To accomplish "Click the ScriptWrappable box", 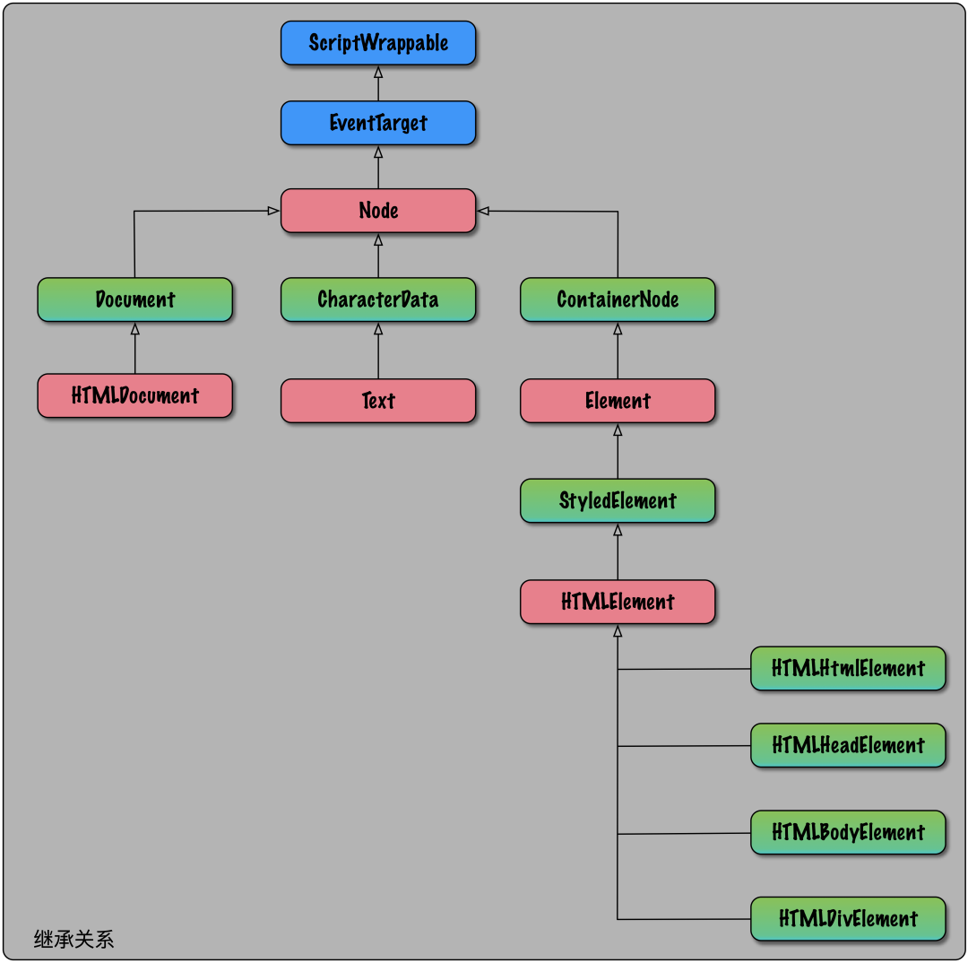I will pos(377,43).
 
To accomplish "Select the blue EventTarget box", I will pos(377,123).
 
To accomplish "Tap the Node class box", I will pos(377,211).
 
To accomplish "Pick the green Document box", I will pos(134,299).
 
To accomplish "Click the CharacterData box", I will pos(377,299).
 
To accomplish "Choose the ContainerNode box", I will pos(618,299).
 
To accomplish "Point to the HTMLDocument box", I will pos(134,395).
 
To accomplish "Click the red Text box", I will pos(377,401).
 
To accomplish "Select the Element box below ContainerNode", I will pos(618,401).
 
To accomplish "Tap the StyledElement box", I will pos(618,500).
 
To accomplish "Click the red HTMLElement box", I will pos(618,602).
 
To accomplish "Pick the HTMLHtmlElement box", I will pos(847,669).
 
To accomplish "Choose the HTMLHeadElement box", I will pos(847,745).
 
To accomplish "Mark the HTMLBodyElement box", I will pos(847,832).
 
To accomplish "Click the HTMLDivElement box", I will pos(847,919).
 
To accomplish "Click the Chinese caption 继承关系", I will pos(73,939).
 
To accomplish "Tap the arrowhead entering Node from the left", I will pos(273,211).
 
